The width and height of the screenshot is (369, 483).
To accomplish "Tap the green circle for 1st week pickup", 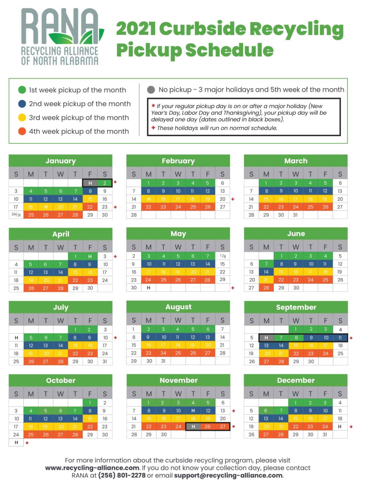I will click(x=22, y=90).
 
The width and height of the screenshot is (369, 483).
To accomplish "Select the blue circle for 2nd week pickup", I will click(x=22, y=104).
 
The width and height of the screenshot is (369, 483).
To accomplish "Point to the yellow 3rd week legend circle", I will click(x=22, y=117).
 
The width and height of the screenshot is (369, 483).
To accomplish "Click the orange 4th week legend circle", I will click(x=22, y=131).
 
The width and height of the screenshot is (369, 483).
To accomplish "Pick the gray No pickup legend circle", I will click(x=151, y=90).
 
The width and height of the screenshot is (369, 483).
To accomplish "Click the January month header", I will click(x=61, y=161).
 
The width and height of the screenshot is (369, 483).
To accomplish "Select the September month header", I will click(x=296, y=307).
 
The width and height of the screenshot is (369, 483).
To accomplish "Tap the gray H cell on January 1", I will click(x=90, y=183).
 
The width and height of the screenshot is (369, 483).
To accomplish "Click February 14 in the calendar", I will click(x=134, y=199).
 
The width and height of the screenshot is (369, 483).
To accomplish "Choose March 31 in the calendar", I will click(x=296, y=215).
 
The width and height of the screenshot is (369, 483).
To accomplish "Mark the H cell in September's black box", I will click(x=266, y=338).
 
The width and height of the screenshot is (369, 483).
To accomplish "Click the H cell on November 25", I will click(x=193, y=426).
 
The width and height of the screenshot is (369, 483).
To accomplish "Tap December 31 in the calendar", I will click(x=325, y=434).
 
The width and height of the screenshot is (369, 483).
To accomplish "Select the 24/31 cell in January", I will click(x=16, y=215).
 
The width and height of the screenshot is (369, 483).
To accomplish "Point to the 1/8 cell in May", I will click(x=223, y=256).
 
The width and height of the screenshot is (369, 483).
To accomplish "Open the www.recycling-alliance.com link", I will click(x=92, y=468).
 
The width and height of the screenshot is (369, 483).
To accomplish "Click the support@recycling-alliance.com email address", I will click(x=229, y=475).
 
